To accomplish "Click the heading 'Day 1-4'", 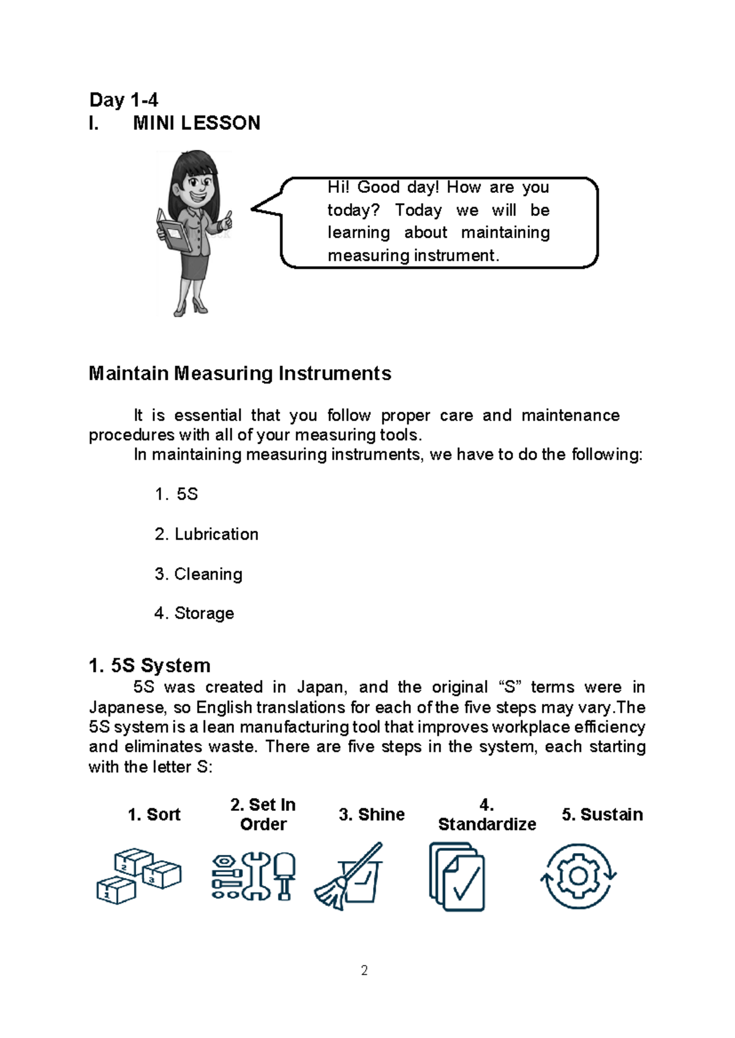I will [x=123, y=100].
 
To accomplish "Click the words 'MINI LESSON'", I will [x=196, y=123].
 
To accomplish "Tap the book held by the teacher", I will [x=171, y=231].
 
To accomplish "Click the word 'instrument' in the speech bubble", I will [x=456, y=256].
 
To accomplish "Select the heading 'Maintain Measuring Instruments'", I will [x=239, y=373].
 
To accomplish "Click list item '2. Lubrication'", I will [x=206, y=534].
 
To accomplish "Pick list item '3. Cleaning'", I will [x=198, y=574].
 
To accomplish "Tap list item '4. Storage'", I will [x=194, y=613].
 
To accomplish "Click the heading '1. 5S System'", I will [x=149, y=665].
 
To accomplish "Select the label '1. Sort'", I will [x=154, y=815].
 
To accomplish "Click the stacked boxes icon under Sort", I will [x=139, y=876].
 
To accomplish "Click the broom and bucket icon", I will [x=348, y=876].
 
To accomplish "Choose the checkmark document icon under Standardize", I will [x=457, y=876].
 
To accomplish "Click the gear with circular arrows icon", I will [x=578, y=876].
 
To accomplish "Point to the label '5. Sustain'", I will [x=602, y=815].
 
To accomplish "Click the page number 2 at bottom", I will [x=364, y=971].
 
